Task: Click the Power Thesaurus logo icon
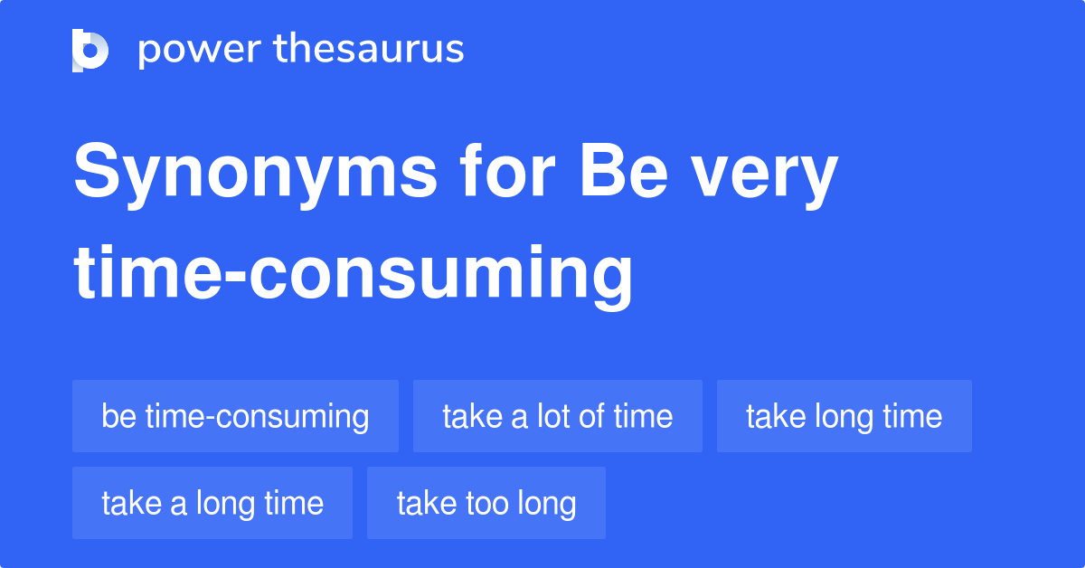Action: pyautogui.click(x=90, y=50)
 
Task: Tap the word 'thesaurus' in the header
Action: pyautogui.click(x=369, y=50)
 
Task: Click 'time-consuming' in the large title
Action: pyautogui.click(x=353, y=273)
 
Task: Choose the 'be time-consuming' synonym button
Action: pyautogui.click(x=235, y=416)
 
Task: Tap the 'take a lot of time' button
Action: pyautogui.click(x=557, y=416)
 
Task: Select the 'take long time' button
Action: pyautogui.click(x=844, y=416)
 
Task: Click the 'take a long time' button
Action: pyautogui.click(x=212, y=503)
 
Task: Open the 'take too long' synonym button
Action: pyautogui.click(x=486, y=503)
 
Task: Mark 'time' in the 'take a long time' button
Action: pyautogui.click(x=294, y=503)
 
